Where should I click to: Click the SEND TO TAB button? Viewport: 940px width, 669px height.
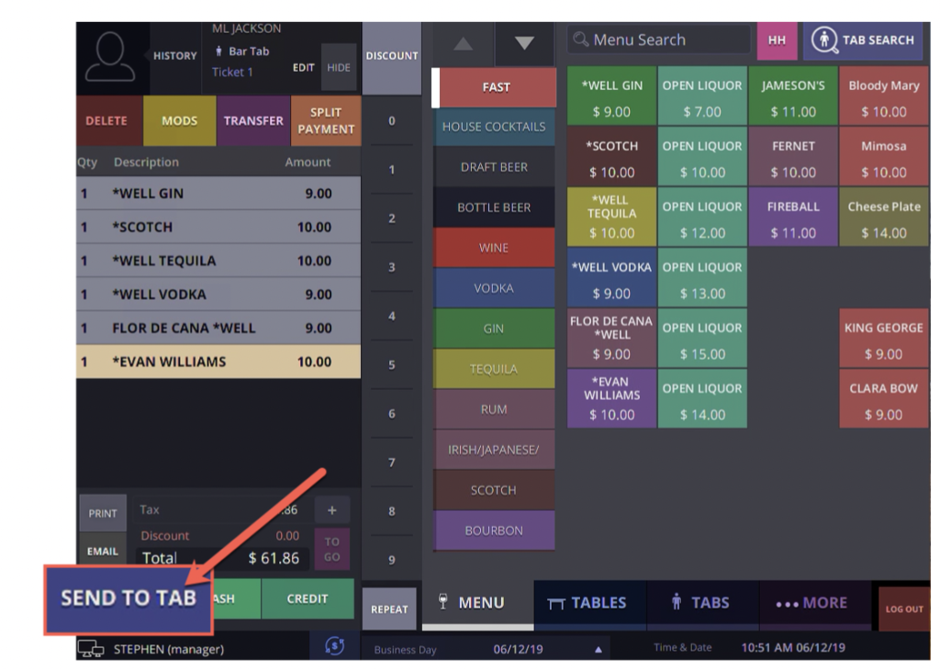tap(129, 598)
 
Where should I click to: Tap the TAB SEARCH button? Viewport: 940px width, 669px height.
tap(863, 40)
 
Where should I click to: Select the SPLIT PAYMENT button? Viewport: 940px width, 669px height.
tap(325, 121)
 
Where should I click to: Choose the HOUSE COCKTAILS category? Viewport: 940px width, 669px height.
tap(494, 127)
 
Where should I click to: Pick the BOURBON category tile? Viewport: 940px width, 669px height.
tap(494, 530)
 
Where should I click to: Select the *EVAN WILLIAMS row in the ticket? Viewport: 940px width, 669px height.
tap(218, 362)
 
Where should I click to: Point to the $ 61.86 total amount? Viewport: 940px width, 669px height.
tap(274, 557)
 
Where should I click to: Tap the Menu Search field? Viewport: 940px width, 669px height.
tap(658, 40)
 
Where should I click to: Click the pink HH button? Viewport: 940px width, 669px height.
tap(777, 40)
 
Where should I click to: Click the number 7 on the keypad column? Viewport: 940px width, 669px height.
tap(392, 462)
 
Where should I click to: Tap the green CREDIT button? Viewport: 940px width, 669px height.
tap(308, 598)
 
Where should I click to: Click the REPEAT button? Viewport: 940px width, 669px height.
tap(389, 609)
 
